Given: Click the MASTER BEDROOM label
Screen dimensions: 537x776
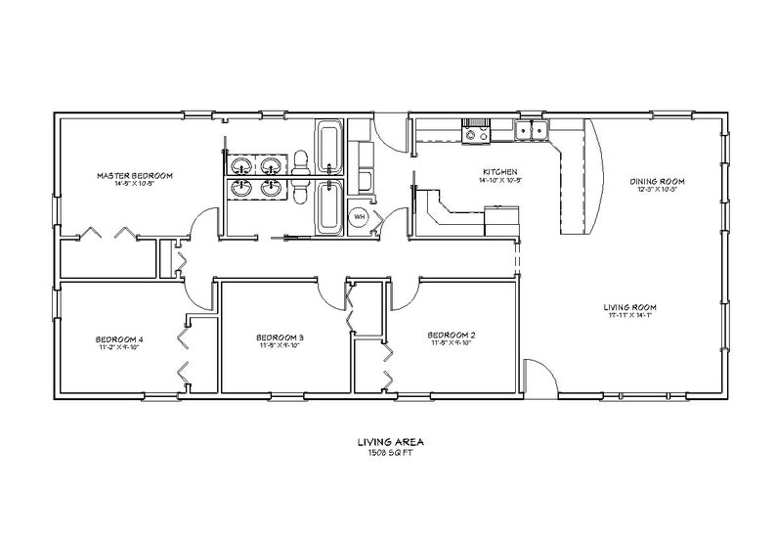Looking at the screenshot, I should (x=134, y=176).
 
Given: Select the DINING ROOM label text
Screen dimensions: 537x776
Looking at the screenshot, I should (x=656, y=181).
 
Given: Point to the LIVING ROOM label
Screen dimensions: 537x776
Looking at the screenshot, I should (x=656, y=306).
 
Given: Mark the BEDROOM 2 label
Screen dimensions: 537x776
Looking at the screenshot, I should (x=451, y=335).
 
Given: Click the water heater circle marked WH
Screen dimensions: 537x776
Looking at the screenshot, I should (x=359, y=216).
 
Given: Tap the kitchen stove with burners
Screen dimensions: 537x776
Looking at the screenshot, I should (x=477, y=134).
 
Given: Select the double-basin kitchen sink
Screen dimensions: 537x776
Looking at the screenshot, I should (x=534, y=129).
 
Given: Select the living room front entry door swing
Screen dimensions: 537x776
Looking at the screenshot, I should (x=539, y=375).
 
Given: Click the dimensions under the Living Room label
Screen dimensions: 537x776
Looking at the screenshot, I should (x=656, y=315).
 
